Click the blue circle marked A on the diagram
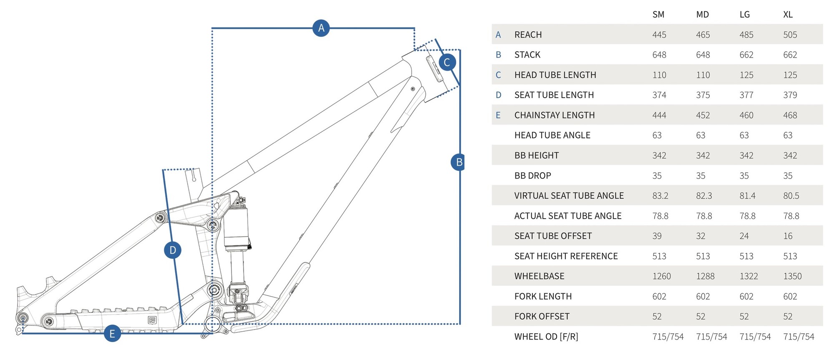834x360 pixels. pos(321,28)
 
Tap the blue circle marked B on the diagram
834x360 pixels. pos(459,162)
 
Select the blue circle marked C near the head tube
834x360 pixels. pos(447,63)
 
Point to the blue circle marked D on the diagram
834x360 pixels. pos(173,250)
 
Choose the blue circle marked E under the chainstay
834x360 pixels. pos(112,333)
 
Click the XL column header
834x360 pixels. pos(788,15)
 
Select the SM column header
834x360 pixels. pos(658,15)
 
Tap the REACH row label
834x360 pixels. pos(528,35)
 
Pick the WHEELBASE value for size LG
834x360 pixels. pos(749,276)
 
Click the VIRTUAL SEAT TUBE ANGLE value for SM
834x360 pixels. pos(660,196)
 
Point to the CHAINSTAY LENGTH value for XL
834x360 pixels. pos(790,115)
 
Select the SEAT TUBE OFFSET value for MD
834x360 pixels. pos(701,236)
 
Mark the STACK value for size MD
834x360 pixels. pos(703,55)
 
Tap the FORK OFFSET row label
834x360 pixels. pos(542,316)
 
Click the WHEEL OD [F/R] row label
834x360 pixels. pos(546,337)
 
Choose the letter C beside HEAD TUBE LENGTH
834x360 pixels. pos(498,75)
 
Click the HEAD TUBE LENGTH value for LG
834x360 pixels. pos(746,75)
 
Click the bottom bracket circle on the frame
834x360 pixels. pos(213,324)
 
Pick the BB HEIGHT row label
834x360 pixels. pos(536,156)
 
